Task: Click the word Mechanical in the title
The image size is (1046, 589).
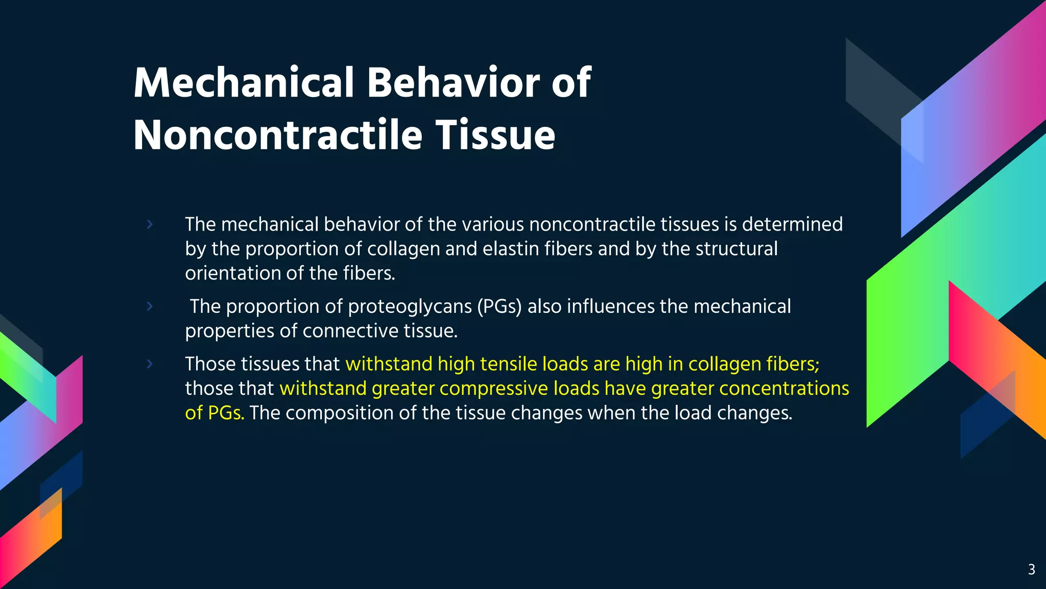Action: [x=244, y=83]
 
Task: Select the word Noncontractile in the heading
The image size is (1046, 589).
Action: [x=278, y=135]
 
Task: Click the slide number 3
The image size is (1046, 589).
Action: [x=1031, y=570]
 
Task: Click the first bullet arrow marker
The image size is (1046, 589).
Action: [x=150, y=224]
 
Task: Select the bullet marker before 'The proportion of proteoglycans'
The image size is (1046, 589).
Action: [x=150, y=306]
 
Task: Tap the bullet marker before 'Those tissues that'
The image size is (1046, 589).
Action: [x=150, y=364]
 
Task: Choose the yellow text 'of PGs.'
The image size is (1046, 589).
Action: [x=215, y=413]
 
